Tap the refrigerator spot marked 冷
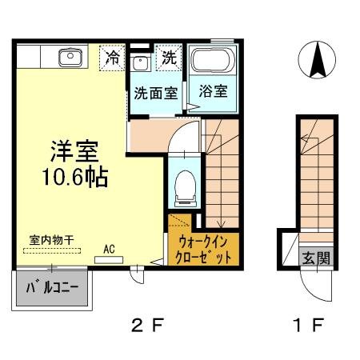(112, 58)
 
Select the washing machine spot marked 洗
(169, 58)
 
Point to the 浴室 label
(212, 92)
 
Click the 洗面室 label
(155, 92)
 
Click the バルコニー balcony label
(50, 286)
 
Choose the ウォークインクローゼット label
(204, 250)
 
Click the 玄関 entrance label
(313, 258)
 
